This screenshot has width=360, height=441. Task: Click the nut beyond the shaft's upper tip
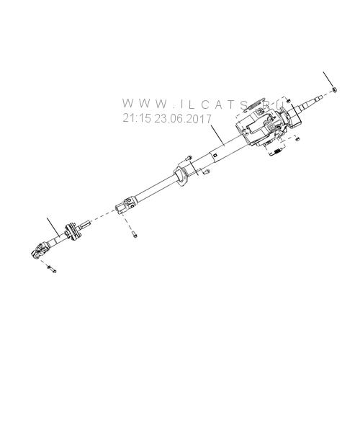pyautogui.click(x=334, y=90)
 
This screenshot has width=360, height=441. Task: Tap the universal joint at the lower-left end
pyautogui.click(x=39, y=250)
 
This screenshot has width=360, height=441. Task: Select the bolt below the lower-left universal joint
pyautogui.click(x=51, y=269)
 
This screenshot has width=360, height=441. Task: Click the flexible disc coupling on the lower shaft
pyautogui.click(x=73, y=232)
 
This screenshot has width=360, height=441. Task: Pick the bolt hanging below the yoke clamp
pyautogui.click(x=135, y=234)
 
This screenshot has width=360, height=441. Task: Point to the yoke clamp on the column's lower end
pyautogui.click(x=125, y=205)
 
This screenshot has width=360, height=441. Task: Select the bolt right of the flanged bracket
pyautogui.click(x=207, y=171)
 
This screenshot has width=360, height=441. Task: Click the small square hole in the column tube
pyautogui.click(x=215, y=154)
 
